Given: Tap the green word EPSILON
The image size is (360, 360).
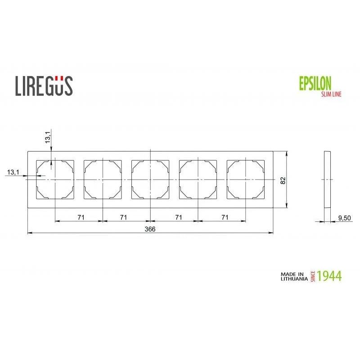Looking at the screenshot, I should click(315, 83).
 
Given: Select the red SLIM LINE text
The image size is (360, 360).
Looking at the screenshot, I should click(331, 94).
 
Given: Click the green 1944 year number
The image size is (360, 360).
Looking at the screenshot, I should click(329, 275).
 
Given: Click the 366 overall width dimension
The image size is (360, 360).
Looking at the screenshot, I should click(150, 229).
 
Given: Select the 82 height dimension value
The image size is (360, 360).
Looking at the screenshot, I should click(283, 180).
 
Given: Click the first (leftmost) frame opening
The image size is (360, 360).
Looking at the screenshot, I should click(55, 180).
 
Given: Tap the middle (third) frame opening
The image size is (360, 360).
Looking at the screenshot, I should click(150, 180).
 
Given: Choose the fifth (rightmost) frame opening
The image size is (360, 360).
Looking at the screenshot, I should click(246, 180).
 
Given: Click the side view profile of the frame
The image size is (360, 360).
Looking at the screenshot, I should click(327, 180).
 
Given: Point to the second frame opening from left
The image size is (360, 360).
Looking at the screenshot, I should click(103, 180).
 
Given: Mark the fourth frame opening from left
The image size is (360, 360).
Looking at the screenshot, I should click(198, 180).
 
